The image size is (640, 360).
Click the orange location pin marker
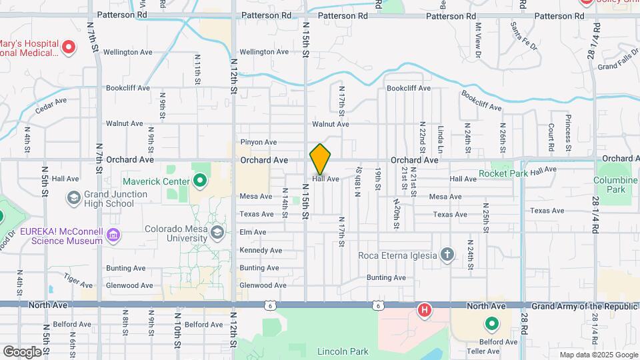pyautogui.click(x=321, y=159)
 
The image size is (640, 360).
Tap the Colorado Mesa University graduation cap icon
pyautogui.click(x=217, y=232)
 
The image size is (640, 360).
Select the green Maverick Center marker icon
pyautogui.click(x=199, y=181)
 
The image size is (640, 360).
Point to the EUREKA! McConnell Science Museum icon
pyautogui.click(x=113, y=235)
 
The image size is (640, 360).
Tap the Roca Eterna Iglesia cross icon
pyautogui.click(x=447, y=255)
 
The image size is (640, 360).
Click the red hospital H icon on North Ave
pyautogui.click(x=424, y=310)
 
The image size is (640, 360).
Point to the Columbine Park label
pyautogui.click(x=616, y=185)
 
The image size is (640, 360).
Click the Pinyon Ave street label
pyautogui.click(x=258, y=142)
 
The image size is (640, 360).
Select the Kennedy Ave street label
pyautogui.click(x=261, y=250)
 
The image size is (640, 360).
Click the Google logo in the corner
pyautogui.click(x=23, y=351)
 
